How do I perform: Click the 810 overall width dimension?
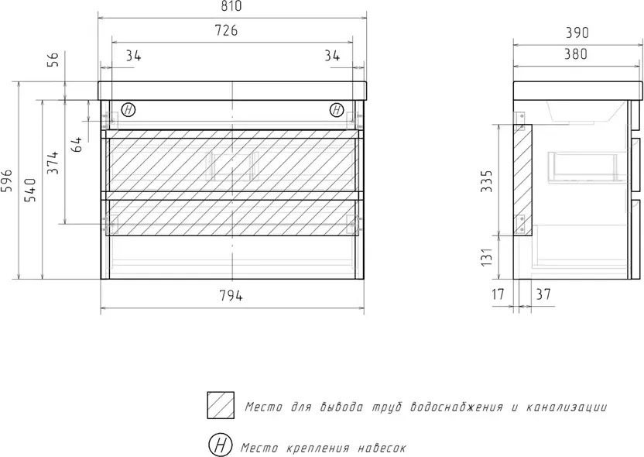click(232, 6)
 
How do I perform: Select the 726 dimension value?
click(226, 30)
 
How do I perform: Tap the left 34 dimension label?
click(133, 56)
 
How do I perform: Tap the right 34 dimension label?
click(332, 55)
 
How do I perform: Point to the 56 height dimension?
click(54, 59)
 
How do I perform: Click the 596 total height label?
click(9, 180)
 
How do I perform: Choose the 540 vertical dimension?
click(30, 190)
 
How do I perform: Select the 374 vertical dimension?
click(53, 163)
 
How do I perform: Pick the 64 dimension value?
click(77, 144)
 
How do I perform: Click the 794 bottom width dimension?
click(231, 295)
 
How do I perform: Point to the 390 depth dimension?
click(577, 33)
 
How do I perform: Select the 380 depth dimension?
click(575, 54)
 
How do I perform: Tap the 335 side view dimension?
click(486, 180)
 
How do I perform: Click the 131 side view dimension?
click(486, 257)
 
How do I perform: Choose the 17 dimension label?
click(498, 294)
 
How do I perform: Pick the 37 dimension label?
click(543, 294)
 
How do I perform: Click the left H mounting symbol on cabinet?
click(128, 110)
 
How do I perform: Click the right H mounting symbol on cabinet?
click(337, 110)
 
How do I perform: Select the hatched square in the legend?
click(221, 405)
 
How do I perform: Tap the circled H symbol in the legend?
click(220, 445)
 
